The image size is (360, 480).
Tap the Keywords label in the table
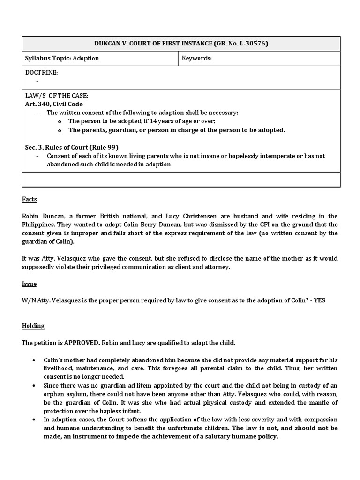(197, 59)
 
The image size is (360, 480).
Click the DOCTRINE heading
(41, 73)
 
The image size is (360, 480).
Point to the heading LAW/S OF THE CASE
(56, 96)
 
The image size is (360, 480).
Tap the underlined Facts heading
(29, 199)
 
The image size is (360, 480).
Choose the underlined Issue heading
(29, 284)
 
